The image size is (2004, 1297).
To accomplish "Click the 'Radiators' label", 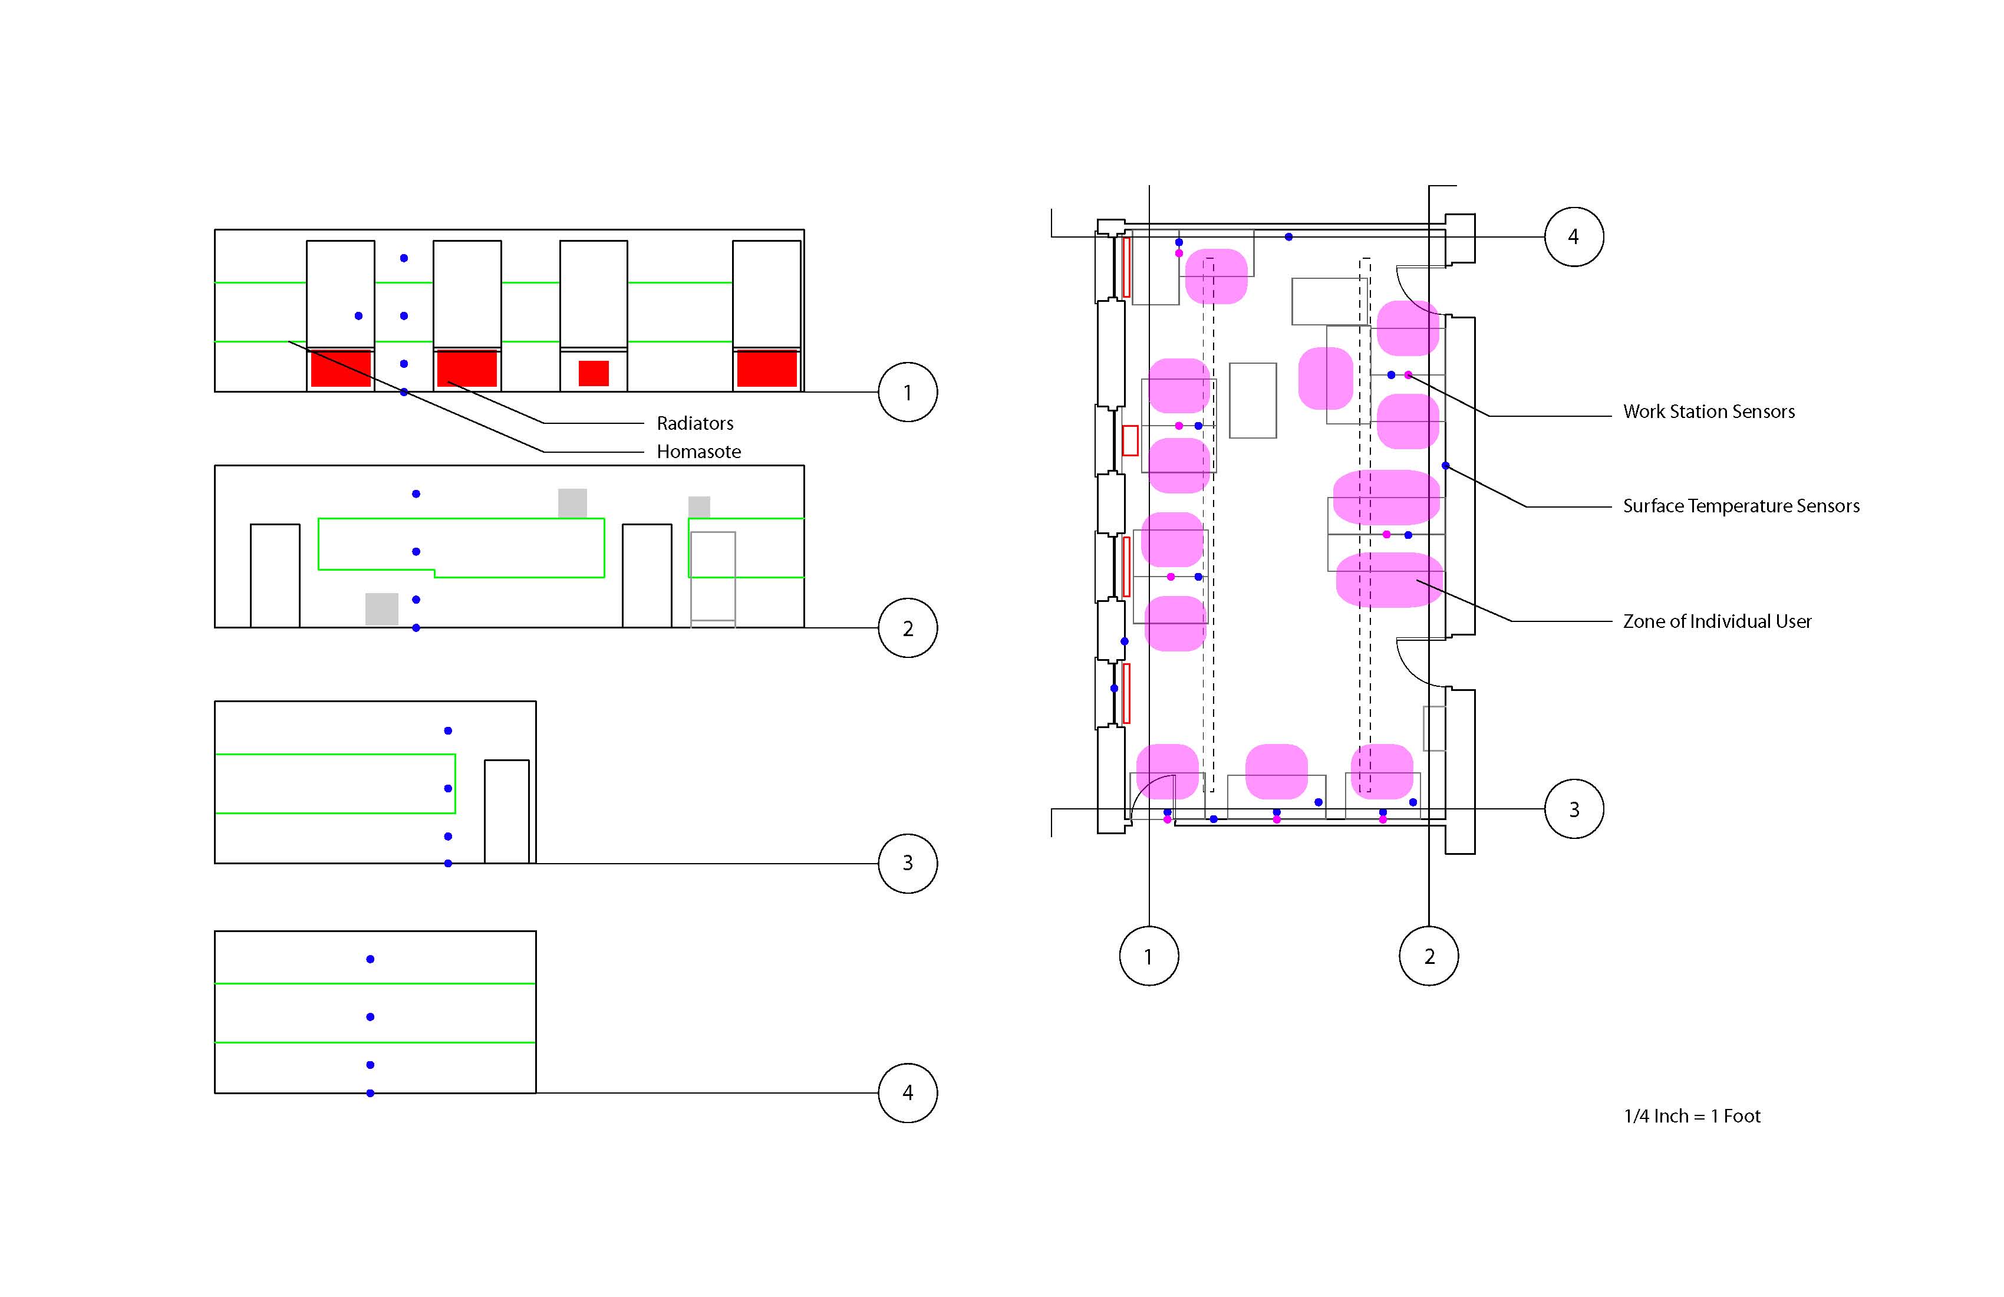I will (695, 423).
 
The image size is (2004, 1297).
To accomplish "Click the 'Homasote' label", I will (698, 452).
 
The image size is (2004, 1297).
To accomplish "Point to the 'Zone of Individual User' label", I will (1717, 621).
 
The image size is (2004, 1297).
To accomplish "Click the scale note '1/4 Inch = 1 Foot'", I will (1692, 1116).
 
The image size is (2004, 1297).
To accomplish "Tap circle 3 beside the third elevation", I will (908, 863).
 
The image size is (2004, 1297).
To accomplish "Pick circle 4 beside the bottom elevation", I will (908, 1093).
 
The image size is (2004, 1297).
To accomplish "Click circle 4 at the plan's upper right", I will (1574, 236).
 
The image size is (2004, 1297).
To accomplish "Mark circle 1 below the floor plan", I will (1149, 956).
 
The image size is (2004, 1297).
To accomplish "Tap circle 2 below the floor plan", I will (1428, 956).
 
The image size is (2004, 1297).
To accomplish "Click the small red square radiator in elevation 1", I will (594, 373).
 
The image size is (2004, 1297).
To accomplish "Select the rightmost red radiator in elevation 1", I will (766, 369).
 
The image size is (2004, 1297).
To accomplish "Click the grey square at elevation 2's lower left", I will (381, 609).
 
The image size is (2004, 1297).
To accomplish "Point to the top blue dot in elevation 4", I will (371, 959).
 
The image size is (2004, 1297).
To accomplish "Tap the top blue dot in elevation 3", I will (448, 731).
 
